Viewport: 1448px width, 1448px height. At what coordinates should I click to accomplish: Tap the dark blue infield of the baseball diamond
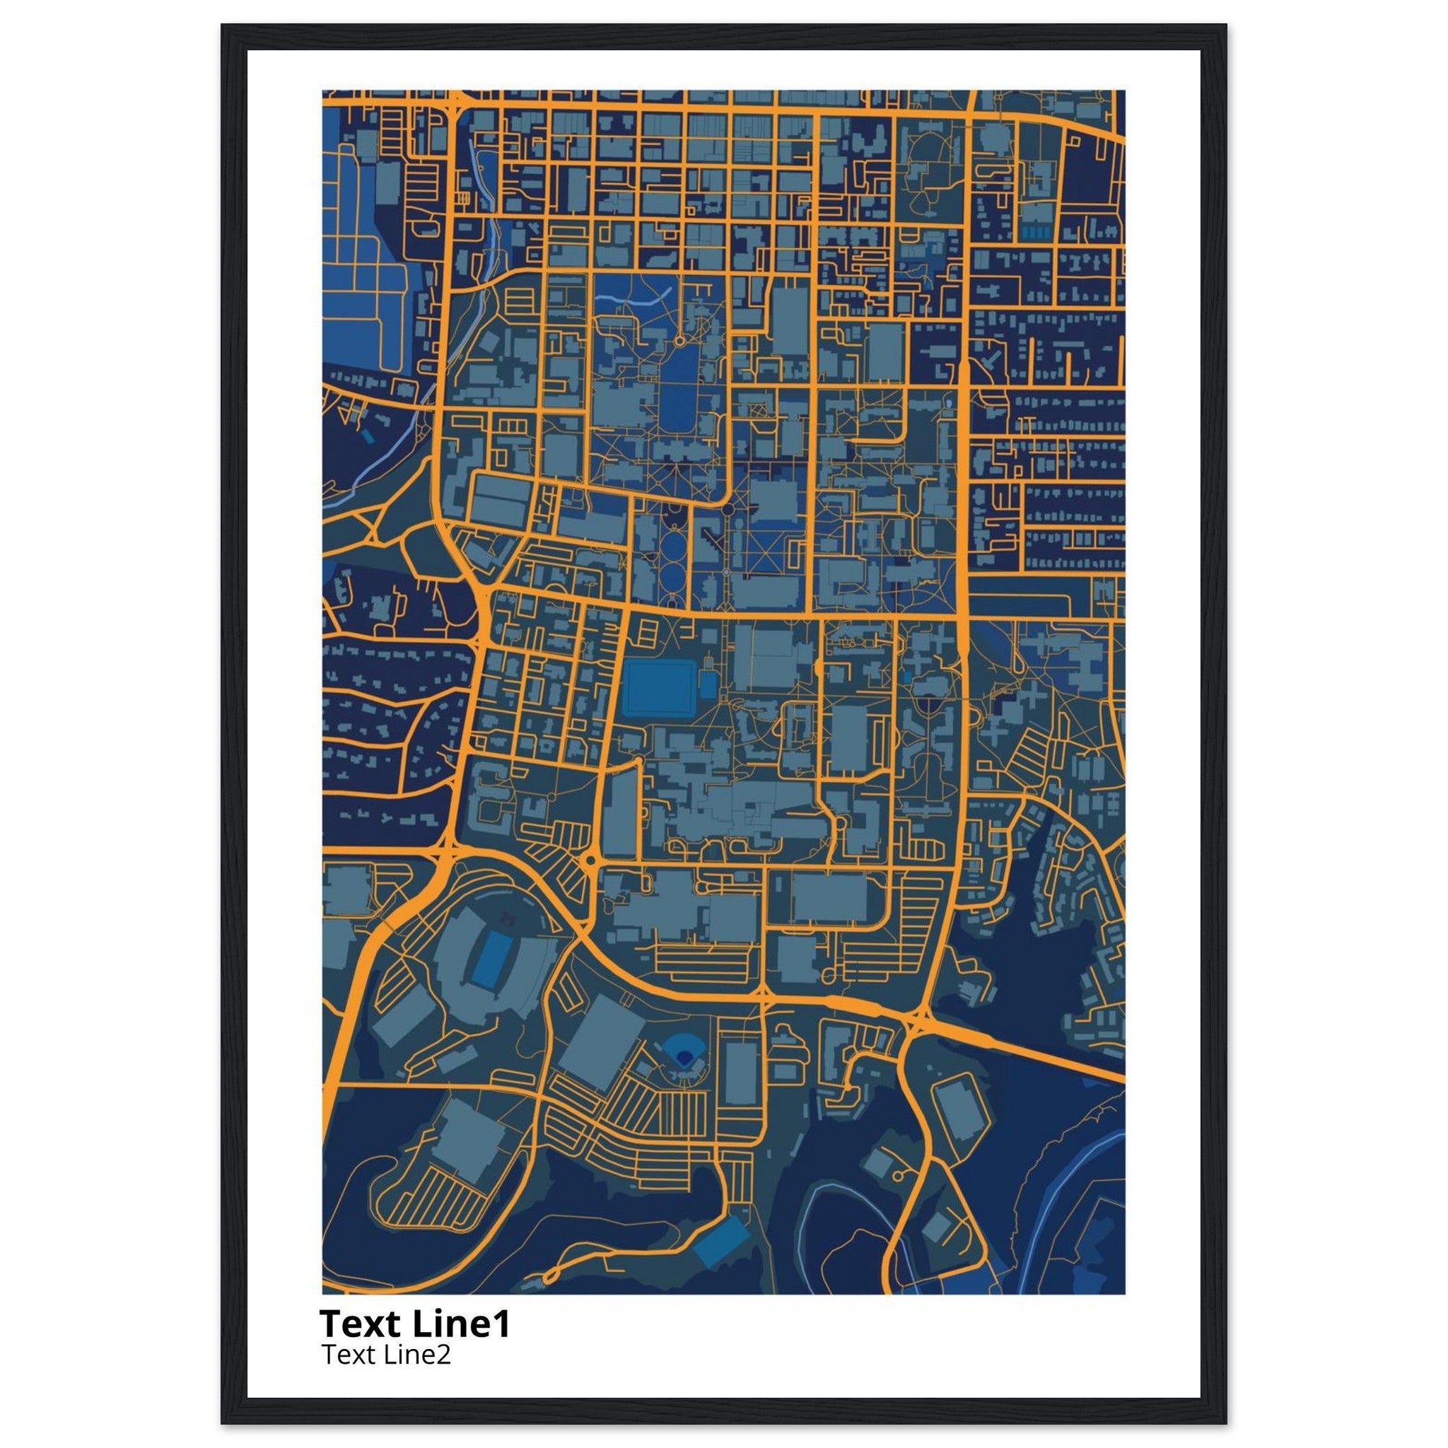tap(684, 1057)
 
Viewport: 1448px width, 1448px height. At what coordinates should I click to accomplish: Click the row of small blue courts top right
tap(1037, 233)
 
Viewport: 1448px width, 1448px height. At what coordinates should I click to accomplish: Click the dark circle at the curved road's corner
tap(727, 510)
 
